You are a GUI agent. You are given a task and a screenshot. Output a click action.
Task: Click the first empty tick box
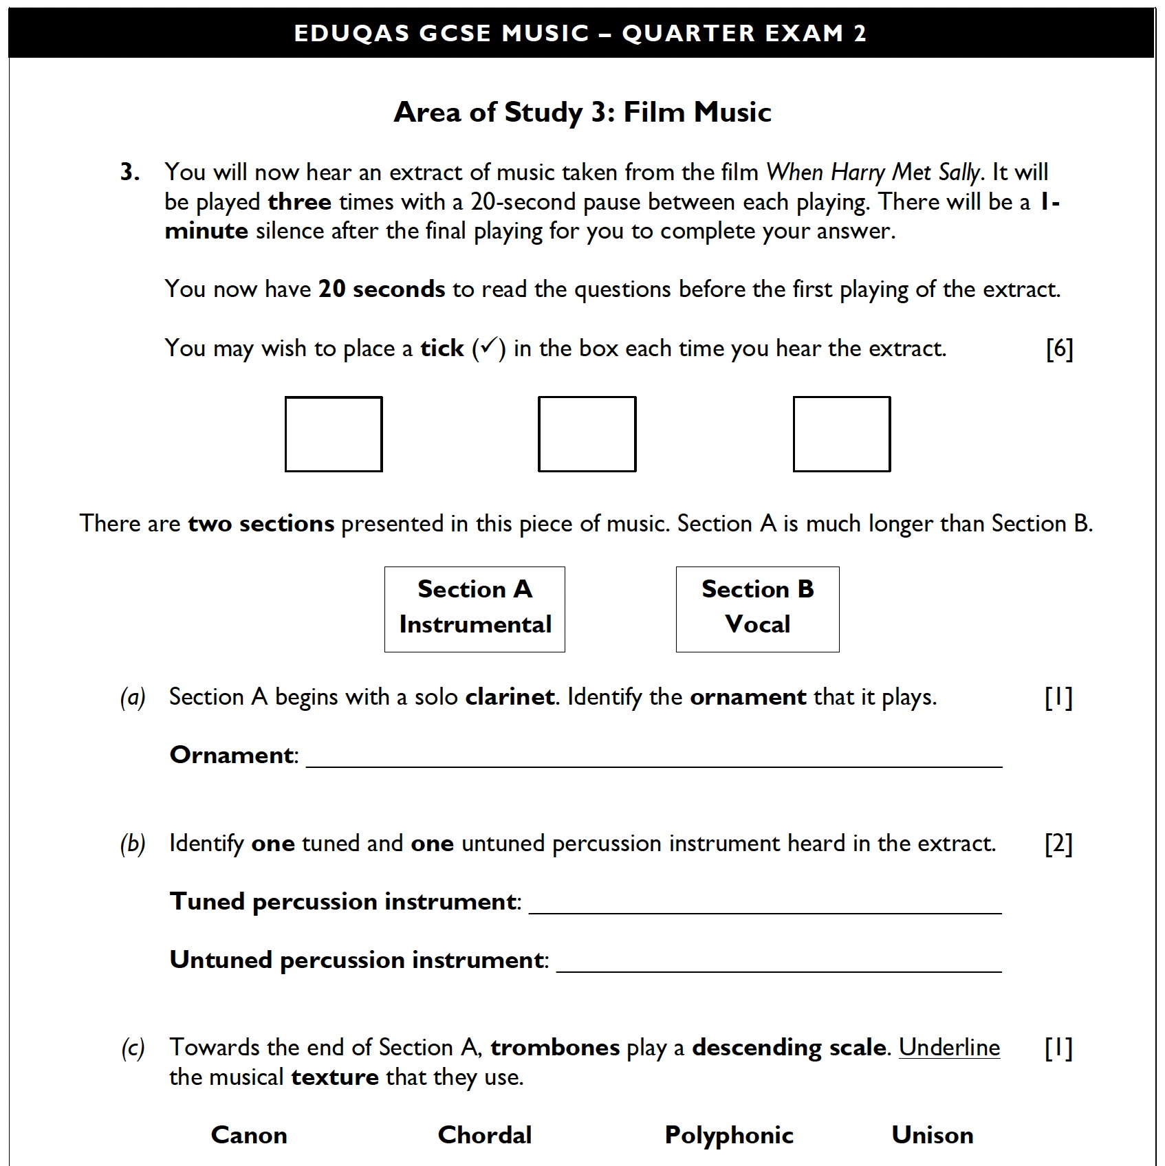pos(334,434)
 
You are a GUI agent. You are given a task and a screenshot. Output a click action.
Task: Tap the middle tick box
pos(587,434)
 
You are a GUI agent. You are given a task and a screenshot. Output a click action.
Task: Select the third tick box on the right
pos(841,434)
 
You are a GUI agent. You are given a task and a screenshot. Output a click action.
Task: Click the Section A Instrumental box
pos(475,609)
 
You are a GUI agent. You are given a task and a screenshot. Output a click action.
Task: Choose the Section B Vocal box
pos(757,609)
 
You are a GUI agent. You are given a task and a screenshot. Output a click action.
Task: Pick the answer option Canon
pos(249,1134)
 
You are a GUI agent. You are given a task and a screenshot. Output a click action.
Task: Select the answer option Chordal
pos(485,1134)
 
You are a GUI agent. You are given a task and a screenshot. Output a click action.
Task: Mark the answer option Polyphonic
pos(729,1134)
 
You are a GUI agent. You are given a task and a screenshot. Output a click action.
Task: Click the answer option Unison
pos(933,1134)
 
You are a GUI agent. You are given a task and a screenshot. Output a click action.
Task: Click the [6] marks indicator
pos(1059,349)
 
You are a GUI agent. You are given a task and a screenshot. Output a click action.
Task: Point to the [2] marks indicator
pos(1058,844)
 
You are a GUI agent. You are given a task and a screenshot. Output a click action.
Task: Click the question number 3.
pos(130,172)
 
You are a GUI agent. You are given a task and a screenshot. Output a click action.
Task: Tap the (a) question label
pos(133,698)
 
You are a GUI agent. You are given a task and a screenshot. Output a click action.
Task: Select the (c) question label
pos(133,1048)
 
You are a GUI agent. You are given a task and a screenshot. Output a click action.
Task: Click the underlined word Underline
pos(949,1047)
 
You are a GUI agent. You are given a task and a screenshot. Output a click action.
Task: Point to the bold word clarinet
pos(510,697)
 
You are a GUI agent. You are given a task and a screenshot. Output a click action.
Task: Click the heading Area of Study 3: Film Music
pos(582,112)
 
